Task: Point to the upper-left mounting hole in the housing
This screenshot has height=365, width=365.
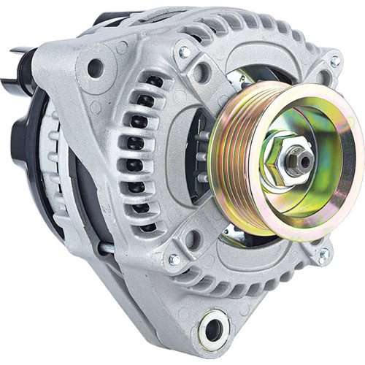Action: pyautogui.click(x=94, y=68)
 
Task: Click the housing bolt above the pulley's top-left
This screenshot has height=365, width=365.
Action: pyautogui.click(x=184, y=53)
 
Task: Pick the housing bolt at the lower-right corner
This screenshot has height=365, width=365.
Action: pyautogui.click(x=323, y=255)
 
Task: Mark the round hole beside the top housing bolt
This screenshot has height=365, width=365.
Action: pyautogui.click(x=203, y=72)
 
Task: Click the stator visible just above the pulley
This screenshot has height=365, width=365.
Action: pyautogui.click(x=248, y=75)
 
